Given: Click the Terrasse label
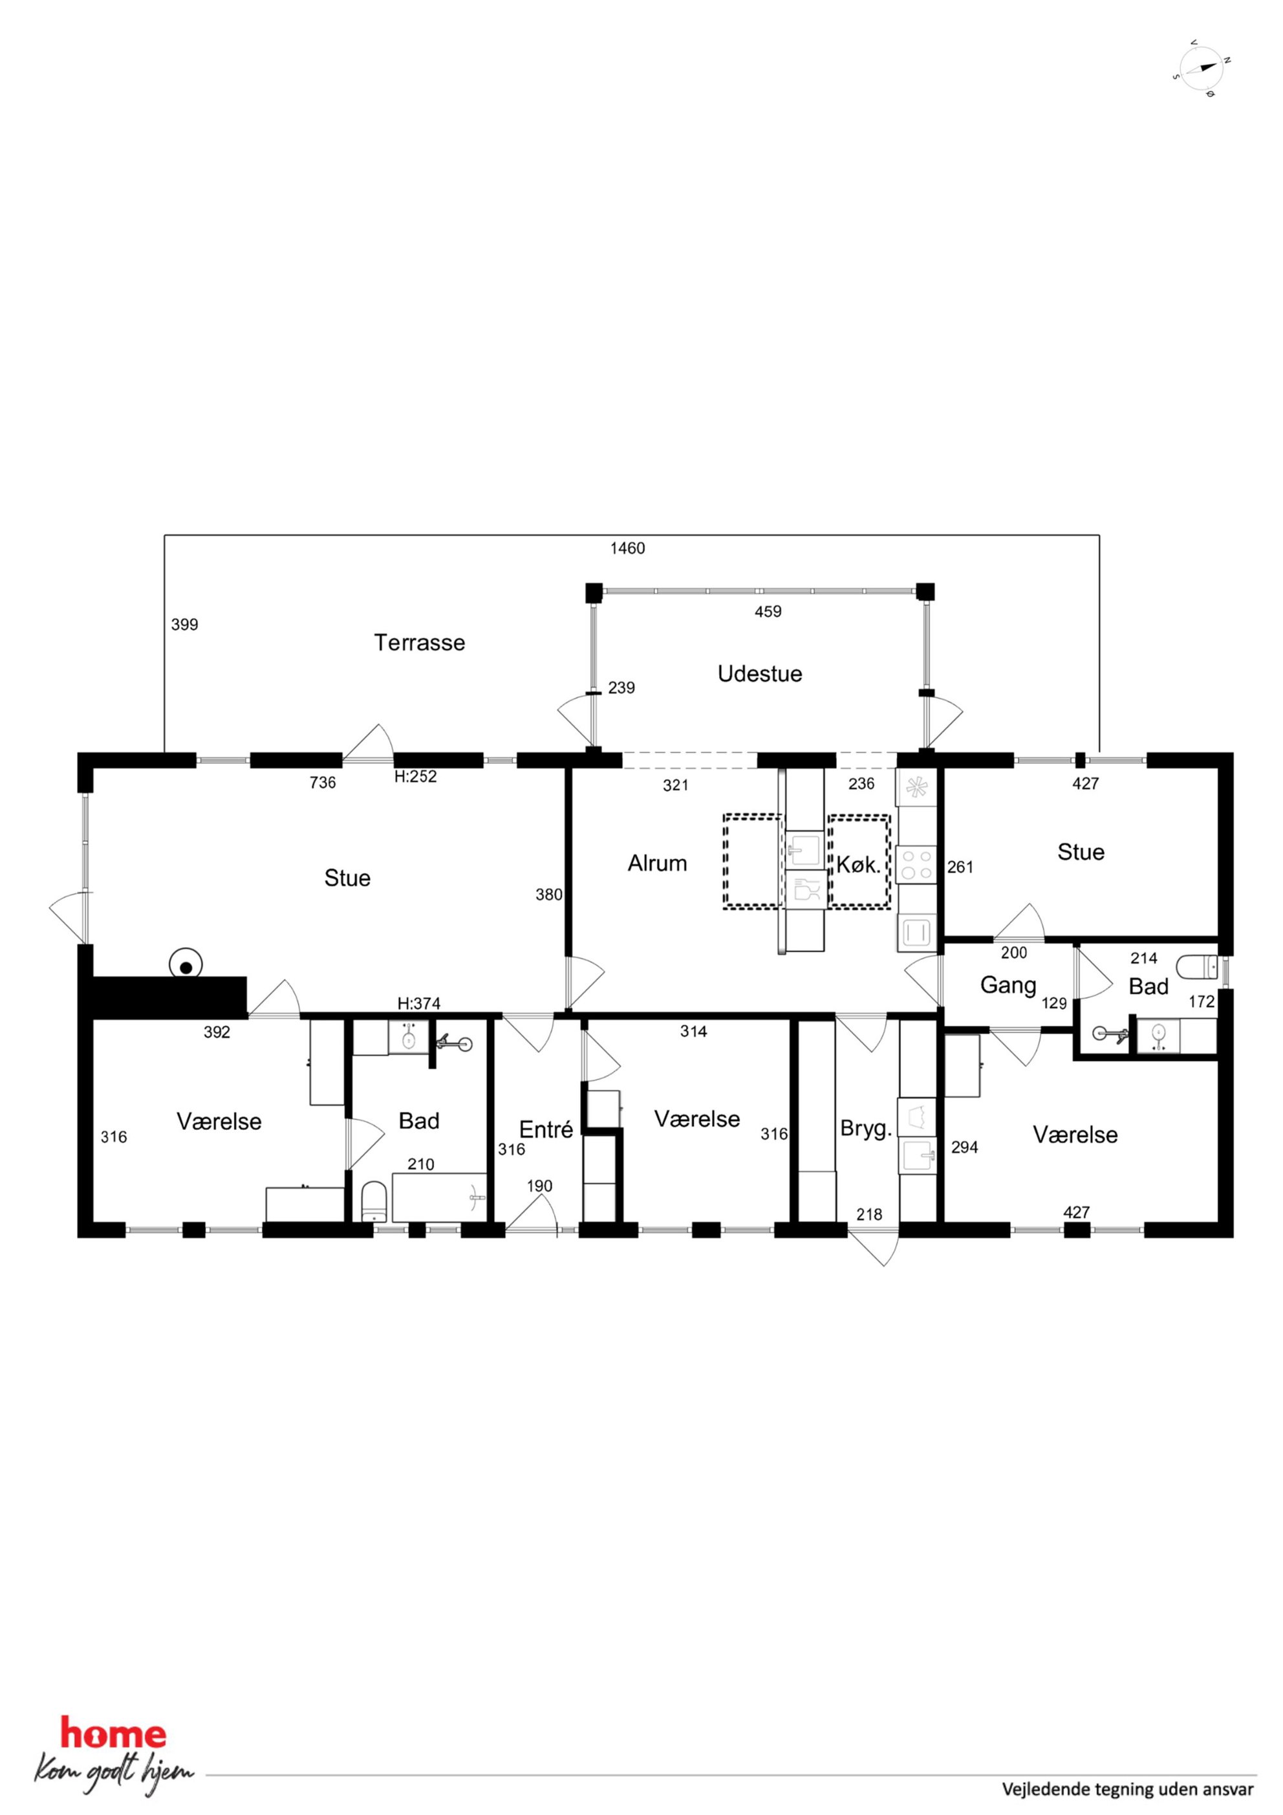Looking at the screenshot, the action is pos(419,643).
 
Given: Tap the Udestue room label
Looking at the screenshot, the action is pos(760,673).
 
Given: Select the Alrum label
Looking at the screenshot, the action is pos(657,864).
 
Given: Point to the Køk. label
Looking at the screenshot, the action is pos(859,865).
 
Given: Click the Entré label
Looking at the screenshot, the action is pos(546,1129).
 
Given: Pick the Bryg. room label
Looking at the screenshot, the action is pos(867,1129).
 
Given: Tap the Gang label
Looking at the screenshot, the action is pos(1008,986).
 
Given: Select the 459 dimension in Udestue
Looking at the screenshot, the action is pos(768,611).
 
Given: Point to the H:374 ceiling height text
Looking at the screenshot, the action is pos(419,1004).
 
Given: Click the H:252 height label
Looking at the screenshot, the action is pos(416,776).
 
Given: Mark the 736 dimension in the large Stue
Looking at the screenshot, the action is pos(323,783).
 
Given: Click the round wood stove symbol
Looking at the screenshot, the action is pos(186,965).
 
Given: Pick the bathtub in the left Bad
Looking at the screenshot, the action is pos(440,1197).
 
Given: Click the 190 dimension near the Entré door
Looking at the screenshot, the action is pos(540,1186).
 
